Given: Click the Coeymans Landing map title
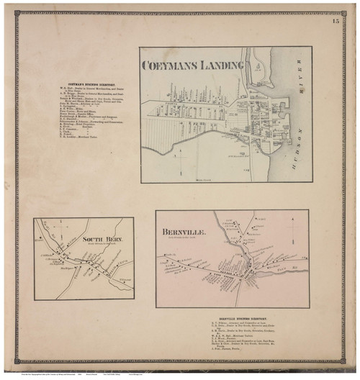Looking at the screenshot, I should [x=193, y=65].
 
